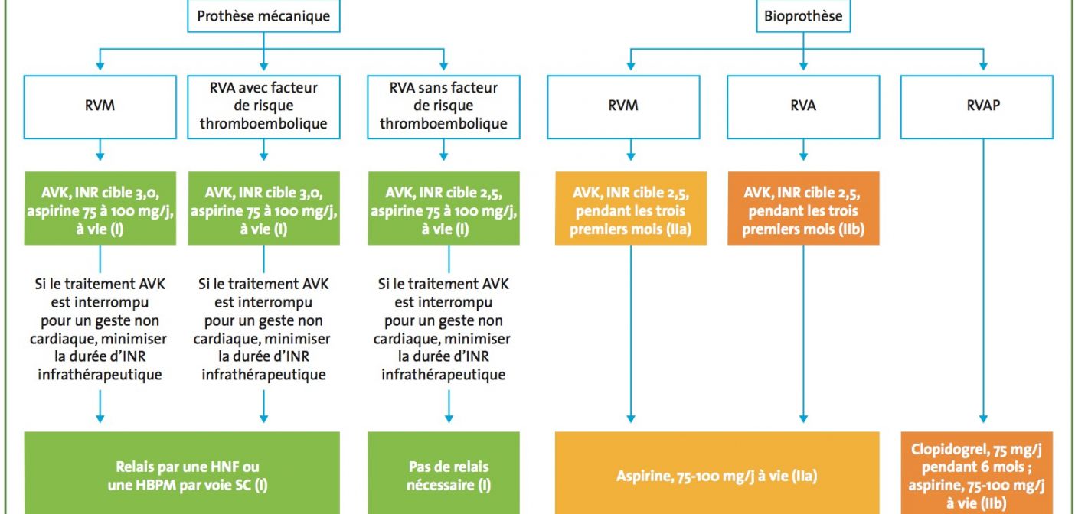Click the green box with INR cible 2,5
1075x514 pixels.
(x=443, y=208)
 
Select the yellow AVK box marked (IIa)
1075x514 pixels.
(x=631, y=208)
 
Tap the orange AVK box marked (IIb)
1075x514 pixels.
(x=803, y=208)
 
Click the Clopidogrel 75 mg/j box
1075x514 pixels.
(x=977, y=473)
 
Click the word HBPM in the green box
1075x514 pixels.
(x=155, y=485)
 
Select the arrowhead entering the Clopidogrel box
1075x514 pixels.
(x=983, y=419)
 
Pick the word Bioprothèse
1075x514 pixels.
(x=803, y=16)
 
